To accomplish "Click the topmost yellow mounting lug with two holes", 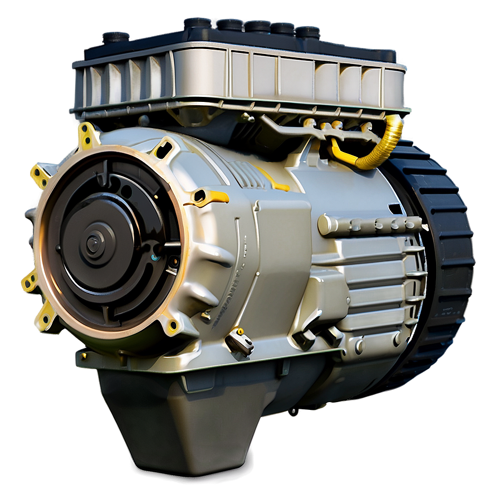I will pos(87,135).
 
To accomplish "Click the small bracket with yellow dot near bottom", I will pos(239,341).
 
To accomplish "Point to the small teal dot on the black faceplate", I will pos(154,258).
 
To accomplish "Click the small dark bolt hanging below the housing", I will pos(293,412).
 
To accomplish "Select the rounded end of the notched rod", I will pos(325,224).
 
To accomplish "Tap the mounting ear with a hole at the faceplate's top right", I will pos(163,150).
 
